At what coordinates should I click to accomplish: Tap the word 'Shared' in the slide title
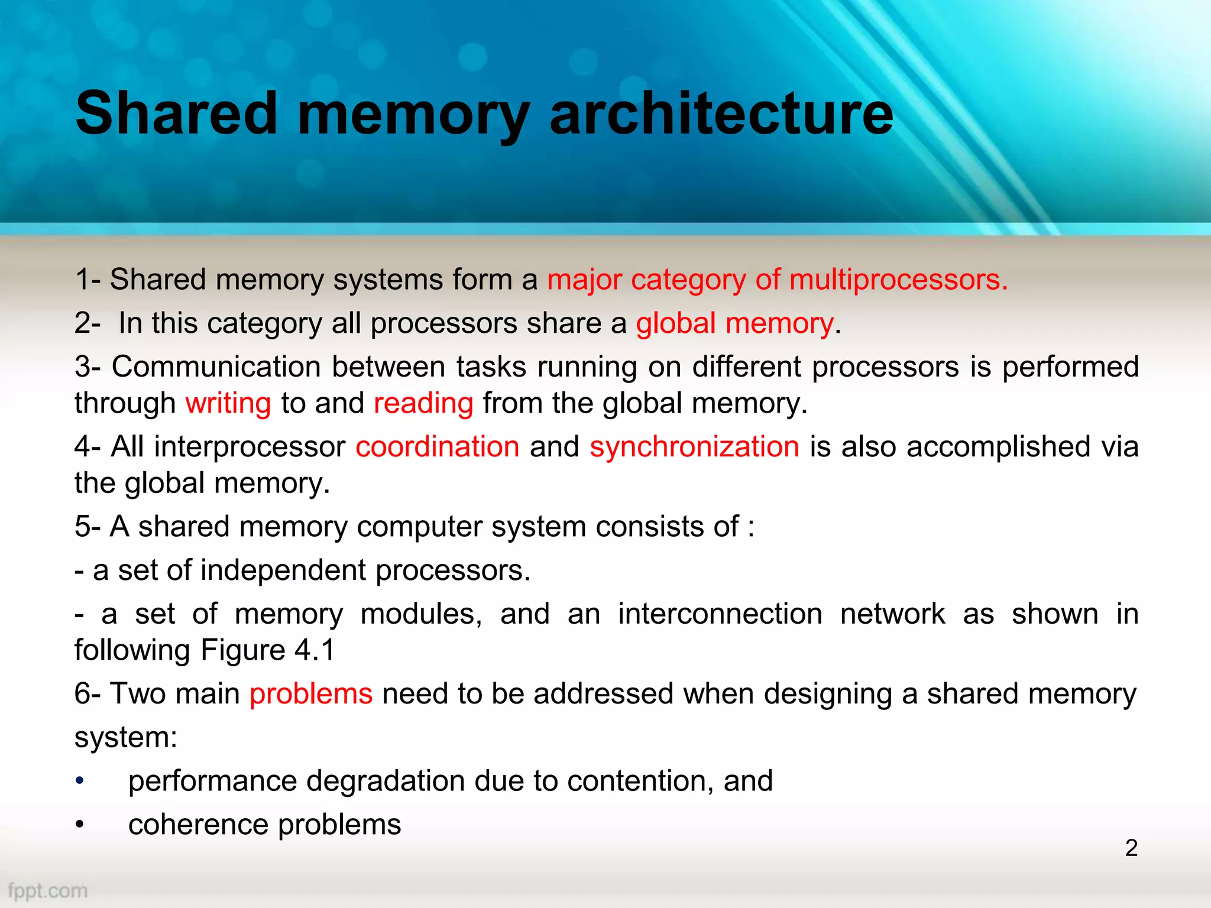(x=176, y=113)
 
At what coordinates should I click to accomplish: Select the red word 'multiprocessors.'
(x=898, y=280)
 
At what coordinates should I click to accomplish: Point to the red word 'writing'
(x=228, y=403)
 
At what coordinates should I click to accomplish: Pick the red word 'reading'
(x=423, y=403)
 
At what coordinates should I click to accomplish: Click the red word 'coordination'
(x=438, y=446)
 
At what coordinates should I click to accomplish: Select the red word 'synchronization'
(x=694, y=446)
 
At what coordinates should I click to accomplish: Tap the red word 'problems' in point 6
(x=311, y=693)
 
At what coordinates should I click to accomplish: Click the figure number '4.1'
(x=315, y=650)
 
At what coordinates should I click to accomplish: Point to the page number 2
(x=1131, y=848)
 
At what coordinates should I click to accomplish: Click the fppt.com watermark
(x=48, y=890)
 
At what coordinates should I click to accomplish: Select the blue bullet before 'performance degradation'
(x=80, y=781)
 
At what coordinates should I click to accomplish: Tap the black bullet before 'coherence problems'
(x=80, y=825)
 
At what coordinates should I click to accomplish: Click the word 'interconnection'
(x=720, y=614)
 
